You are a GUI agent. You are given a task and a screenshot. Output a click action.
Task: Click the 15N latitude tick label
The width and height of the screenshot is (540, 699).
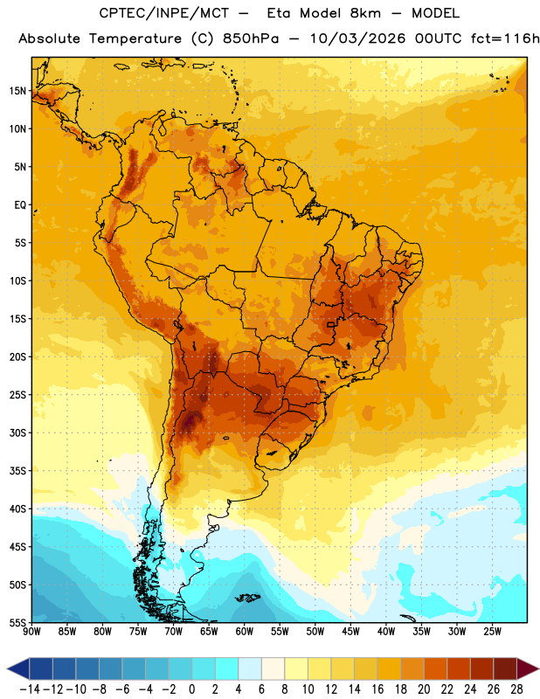pyautogui.click(x=17, y=91)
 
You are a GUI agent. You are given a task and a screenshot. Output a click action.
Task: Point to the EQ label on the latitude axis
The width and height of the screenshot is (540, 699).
pyautogui.click(x=20, y=205)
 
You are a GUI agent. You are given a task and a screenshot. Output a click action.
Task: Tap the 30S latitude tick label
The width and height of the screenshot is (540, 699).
pyautogui.click(x=17, y=433)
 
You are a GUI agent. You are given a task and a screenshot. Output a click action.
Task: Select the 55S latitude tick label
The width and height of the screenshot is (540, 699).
pyautogui.click(x=17, y=623)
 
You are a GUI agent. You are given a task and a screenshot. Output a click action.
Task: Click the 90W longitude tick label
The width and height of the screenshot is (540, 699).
pyautogui.click(x=31, y=632)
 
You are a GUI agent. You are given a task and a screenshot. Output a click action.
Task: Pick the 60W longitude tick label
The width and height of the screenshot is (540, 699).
pyautogui.click(x=245, y=632)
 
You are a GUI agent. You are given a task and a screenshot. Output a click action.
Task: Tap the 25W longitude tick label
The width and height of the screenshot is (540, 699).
pyautogui.click(x=492, y=632)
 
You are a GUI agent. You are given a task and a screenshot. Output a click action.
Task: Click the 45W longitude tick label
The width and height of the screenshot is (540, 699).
pyautogui.click(x=351, y=632)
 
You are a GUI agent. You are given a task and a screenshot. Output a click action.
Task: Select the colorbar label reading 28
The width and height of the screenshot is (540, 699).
pyautogui.click(x=516, y=689)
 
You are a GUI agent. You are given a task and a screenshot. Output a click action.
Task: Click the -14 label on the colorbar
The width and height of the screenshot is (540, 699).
pyautogui.click(x=30, y=689)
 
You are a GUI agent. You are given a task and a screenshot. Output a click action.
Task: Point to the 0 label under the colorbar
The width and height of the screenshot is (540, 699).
pyautogui.click(x=191, y=689)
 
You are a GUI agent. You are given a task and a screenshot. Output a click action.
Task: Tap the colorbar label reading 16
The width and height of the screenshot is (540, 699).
pyautogui.click(x=377, y=689)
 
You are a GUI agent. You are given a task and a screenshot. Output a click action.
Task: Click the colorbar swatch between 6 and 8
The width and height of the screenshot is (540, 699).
pyautogui.click(x=273, y=668)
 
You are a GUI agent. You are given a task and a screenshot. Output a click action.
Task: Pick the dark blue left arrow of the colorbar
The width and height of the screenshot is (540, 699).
pyautogui.click(x=18, y=668)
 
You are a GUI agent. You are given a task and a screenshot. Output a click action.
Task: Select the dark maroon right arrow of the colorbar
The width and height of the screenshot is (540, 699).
pyautogui.click(x=528, y=668)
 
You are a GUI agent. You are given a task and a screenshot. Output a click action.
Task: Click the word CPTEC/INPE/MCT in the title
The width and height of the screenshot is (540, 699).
pyautogui.click(x=164, y=13)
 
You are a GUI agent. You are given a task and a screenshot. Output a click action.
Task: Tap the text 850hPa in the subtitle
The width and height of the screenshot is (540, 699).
pyautogui.click(x=251, y=38)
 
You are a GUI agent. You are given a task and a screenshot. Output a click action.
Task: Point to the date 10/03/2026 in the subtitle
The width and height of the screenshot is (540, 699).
pyautogui.click(x=357, y=38)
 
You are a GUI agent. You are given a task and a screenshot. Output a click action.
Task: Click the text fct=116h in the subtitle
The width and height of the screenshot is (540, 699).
pyautogui.click(x=505, y=38)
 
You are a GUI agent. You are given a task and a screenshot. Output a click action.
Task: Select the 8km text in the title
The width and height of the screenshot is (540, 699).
pyautogui.click(x=365, y=13)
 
